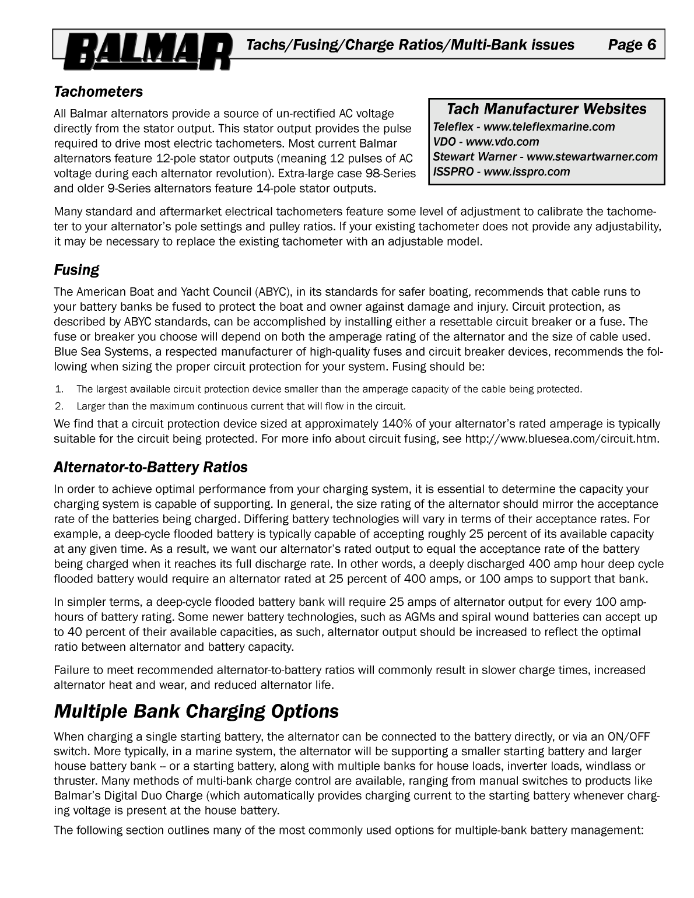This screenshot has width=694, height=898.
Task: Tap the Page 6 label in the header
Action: (x=632, y=45)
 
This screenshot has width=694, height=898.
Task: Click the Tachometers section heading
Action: (x=98, y=92)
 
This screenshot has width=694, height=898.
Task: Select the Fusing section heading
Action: (x=76, y=270)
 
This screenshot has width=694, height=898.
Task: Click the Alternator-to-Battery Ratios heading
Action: (x=150, y=467)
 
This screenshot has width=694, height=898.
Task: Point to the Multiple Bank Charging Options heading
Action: (x=196, y=711)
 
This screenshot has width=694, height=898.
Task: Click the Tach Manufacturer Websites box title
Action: (x=546, y=109)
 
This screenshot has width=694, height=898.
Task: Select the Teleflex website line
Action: (x=524, y=127)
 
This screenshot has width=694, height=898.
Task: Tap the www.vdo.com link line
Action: (x=486, y=142)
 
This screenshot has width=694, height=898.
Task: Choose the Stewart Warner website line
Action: (x=545, y=156)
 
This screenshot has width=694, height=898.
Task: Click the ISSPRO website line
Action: (x=501, y=171)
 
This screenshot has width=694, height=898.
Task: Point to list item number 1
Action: (x=59, y=389)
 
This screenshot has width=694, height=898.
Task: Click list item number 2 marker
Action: (x=59, y=406)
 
